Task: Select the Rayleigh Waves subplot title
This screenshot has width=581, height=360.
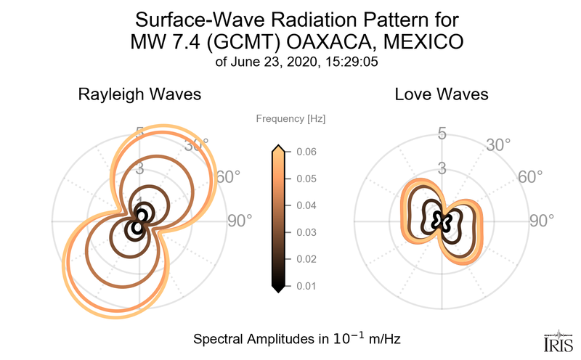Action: point(139,94)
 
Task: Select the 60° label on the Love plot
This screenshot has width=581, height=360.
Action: point(531,177)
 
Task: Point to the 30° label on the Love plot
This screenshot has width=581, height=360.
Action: point(500,145)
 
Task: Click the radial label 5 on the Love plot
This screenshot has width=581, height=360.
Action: point(441,134)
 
